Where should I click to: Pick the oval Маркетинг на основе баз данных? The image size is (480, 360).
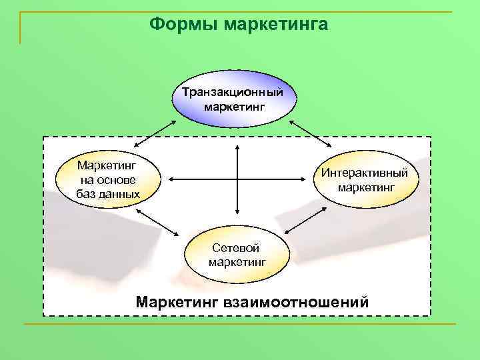[109, 178]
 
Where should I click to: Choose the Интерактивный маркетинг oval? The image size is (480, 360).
[369, 179]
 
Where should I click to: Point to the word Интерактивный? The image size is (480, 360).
[369, 173]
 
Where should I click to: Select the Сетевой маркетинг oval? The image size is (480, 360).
[237, 255]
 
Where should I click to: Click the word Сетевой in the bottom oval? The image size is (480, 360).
[237, 248]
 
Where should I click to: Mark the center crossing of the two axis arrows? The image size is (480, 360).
[237, 179]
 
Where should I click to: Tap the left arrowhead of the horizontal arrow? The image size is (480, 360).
[171, 179]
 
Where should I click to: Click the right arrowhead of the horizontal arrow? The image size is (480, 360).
[308, 179]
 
